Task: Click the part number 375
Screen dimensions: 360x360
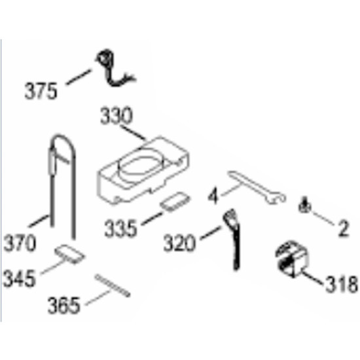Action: coord(41,91)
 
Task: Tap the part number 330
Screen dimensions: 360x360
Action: coord(117,115)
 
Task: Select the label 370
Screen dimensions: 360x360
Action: coord(20,243)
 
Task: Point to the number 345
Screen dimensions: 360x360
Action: coord(19,278)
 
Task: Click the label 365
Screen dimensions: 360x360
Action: coord(64,306)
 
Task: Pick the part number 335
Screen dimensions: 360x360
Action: coord(120,228)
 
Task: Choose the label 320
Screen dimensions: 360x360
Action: coord(179,243)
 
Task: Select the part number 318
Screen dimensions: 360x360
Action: coord(342,284)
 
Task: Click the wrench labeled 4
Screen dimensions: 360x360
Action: coord(257,187)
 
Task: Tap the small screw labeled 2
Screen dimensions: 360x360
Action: coord(304,206)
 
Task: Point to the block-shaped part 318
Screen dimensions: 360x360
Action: coord(291,259)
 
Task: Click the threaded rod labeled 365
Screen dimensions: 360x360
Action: coord(113,285)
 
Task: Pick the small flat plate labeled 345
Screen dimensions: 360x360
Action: coord(70,254)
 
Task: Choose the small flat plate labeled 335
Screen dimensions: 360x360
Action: coord(175,202)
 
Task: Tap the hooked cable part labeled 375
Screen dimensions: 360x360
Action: coord(114,69)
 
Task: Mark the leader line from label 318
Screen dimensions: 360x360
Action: coord(313,278)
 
